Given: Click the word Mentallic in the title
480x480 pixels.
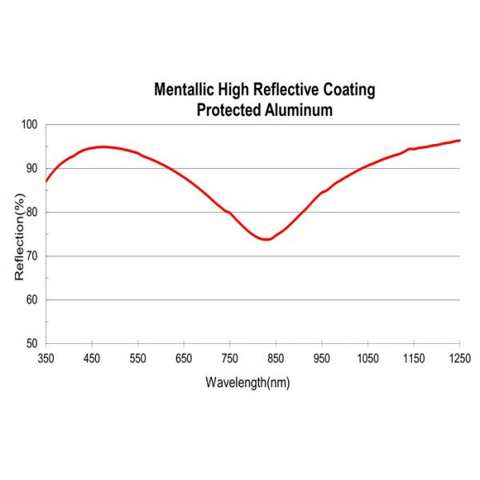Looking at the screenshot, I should point(183,90).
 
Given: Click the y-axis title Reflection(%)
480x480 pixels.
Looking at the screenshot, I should point(20,234).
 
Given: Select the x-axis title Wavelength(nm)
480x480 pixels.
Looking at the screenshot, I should point(247,382).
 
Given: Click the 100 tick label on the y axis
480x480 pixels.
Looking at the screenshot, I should point(30,125).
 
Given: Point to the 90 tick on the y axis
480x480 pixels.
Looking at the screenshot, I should point(32,169).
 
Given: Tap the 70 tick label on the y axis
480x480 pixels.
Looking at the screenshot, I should point(32,256).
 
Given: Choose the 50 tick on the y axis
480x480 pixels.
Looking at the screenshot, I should point(32,343).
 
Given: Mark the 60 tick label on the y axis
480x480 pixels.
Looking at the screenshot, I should point(32,300).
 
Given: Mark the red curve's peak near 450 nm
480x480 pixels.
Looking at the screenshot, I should point(102,146).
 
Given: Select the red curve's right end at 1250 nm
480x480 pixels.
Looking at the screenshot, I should point(460,141).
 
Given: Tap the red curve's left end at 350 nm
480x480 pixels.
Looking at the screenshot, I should point(46,182).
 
